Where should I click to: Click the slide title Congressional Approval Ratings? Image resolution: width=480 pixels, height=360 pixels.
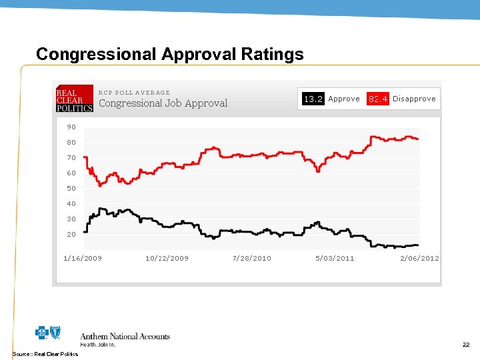coord(169,54)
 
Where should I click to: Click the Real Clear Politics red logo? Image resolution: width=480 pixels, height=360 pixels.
coord(74,99)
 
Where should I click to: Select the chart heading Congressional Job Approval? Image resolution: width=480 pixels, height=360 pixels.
coord(163,103)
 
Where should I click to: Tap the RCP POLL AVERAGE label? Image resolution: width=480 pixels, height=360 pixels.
coord(134,93)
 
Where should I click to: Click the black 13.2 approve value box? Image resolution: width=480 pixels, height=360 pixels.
coord(313,99)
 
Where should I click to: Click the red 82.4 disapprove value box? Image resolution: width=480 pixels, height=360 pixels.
coord(378,99)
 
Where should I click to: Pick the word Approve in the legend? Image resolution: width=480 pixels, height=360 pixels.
coord(344,99)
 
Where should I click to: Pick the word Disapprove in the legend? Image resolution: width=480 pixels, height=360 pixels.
coord(414,99)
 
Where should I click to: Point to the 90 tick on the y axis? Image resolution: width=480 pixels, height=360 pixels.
coord(71,127)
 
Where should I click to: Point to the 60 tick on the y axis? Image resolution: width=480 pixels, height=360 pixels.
coord(71,173)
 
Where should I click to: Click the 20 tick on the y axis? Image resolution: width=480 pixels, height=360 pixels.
coord(71,235)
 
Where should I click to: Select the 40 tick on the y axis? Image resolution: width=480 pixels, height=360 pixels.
coord(71,204)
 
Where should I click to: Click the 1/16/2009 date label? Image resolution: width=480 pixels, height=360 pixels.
coord(83,258)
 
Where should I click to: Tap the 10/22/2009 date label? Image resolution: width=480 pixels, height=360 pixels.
coord(167,258)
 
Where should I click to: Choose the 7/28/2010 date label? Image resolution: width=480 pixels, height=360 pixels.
coord(252,258)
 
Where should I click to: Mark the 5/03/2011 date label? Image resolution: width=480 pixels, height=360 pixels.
coord(335,258)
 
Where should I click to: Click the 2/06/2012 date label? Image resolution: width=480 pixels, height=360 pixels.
coord(419,258)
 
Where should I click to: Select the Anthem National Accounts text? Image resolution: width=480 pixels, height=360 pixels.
coord(125,337)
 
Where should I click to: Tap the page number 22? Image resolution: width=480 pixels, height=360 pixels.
coord(466,345)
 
